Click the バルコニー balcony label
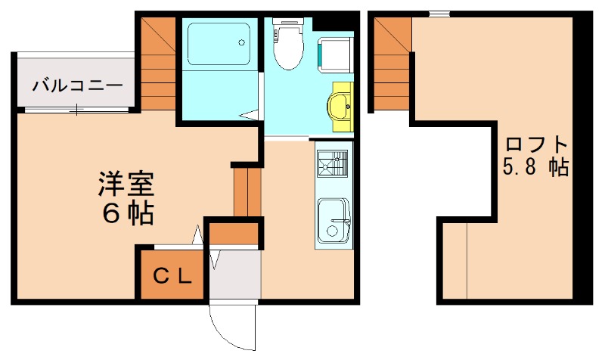76,85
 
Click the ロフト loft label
537,143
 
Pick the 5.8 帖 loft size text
536,167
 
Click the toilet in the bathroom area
287,46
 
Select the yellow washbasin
341,108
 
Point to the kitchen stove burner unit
332,164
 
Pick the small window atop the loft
438,13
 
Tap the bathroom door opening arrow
249,116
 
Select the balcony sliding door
76,110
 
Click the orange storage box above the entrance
234,233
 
